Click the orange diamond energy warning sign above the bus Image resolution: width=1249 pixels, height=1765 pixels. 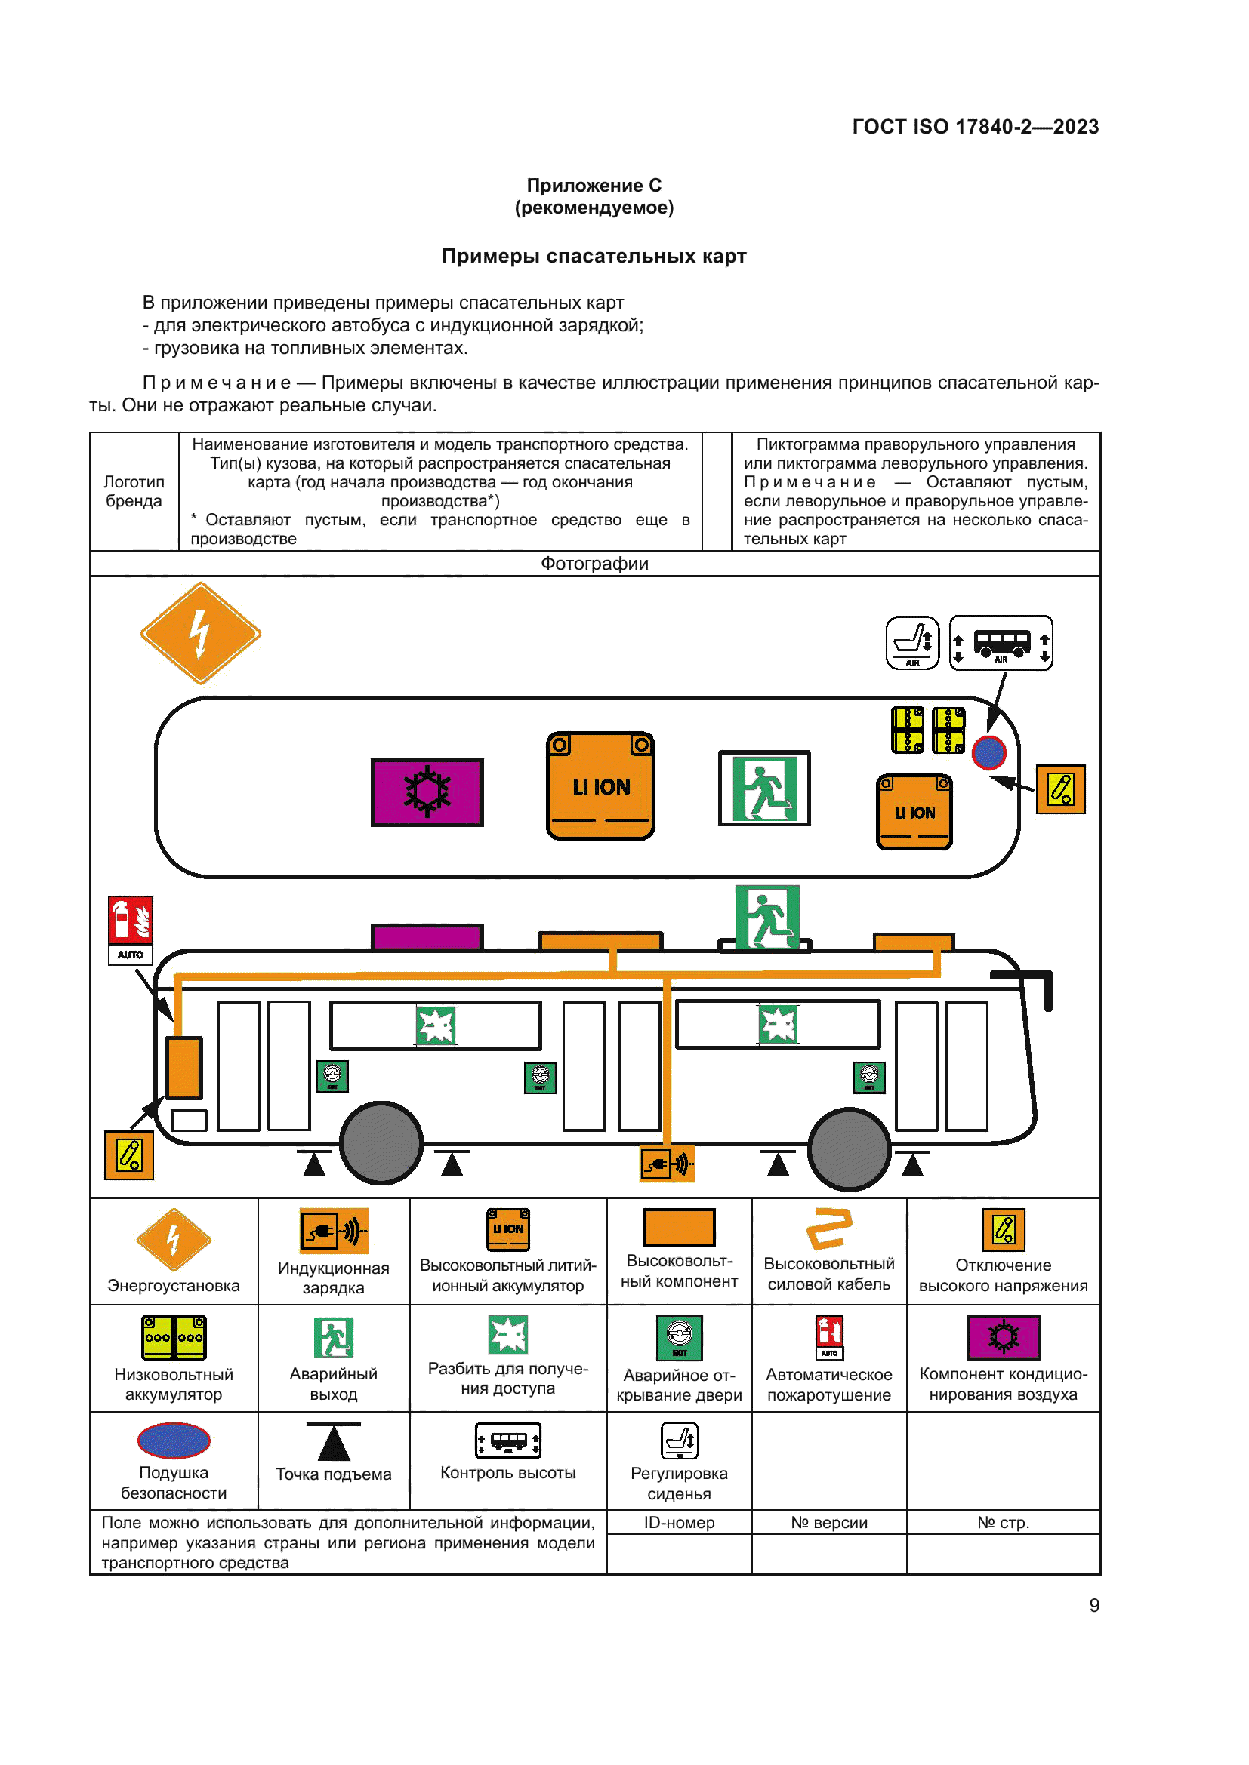pyautogui.click(x=201, y=632)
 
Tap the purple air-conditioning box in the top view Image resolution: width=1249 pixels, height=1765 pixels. pyautogui.click(x=427, y=792)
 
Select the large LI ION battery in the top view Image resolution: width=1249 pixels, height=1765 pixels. pyautogui.click(x=600, y=786)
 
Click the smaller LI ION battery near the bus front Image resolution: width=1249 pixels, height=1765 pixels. pyautogui.click(x=914, y=812)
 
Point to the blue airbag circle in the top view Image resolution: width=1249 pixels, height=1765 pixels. pyautogui.click(x=989, y=752)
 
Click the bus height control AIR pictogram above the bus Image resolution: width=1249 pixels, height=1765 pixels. pyautogui.click(x=1001, y=643)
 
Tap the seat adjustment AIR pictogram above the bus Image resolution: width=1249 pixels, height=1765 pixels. pyautogui.click(x=912, y=643)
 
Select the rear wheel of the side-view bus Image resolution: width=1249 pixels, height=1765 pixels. pyautogui.click(x=381, y=1142)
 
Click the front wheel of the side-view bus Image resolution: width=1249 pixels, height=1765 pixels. pyautogui.click(x=849, y=1148)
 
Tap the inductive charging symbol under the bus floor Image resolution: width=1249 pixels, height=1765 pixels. pyautogui.click(x=668, y=1164)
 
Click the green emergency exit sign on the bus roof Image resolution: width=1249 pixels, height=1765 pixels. pyautogui.click(x=767, y=916)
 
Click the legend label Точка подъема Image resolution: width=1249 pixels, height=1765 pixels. pyautogui.click(x=333, y=1474)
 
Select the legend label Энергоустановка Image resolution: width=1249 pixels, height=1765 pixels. pyautogui.click(x=173, y=1285)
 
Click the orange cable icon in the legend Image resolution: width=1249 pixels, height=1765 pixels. pyautogui.click(x=828, y=1228)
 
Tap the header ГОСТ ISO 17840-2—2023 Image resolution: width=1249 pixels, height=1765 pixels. pyautogui.click(x=974, y=127)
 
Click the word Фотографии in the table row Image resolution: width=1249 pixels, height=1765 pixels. pyautogui.click(x=594, y=564)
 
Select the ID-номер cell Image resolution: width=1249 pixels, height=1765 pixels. pyautogui.click(x=678, y=1522)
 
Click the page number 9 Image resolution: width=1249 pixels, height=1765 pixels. pyautogui.click(x=1093, y=1605)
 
